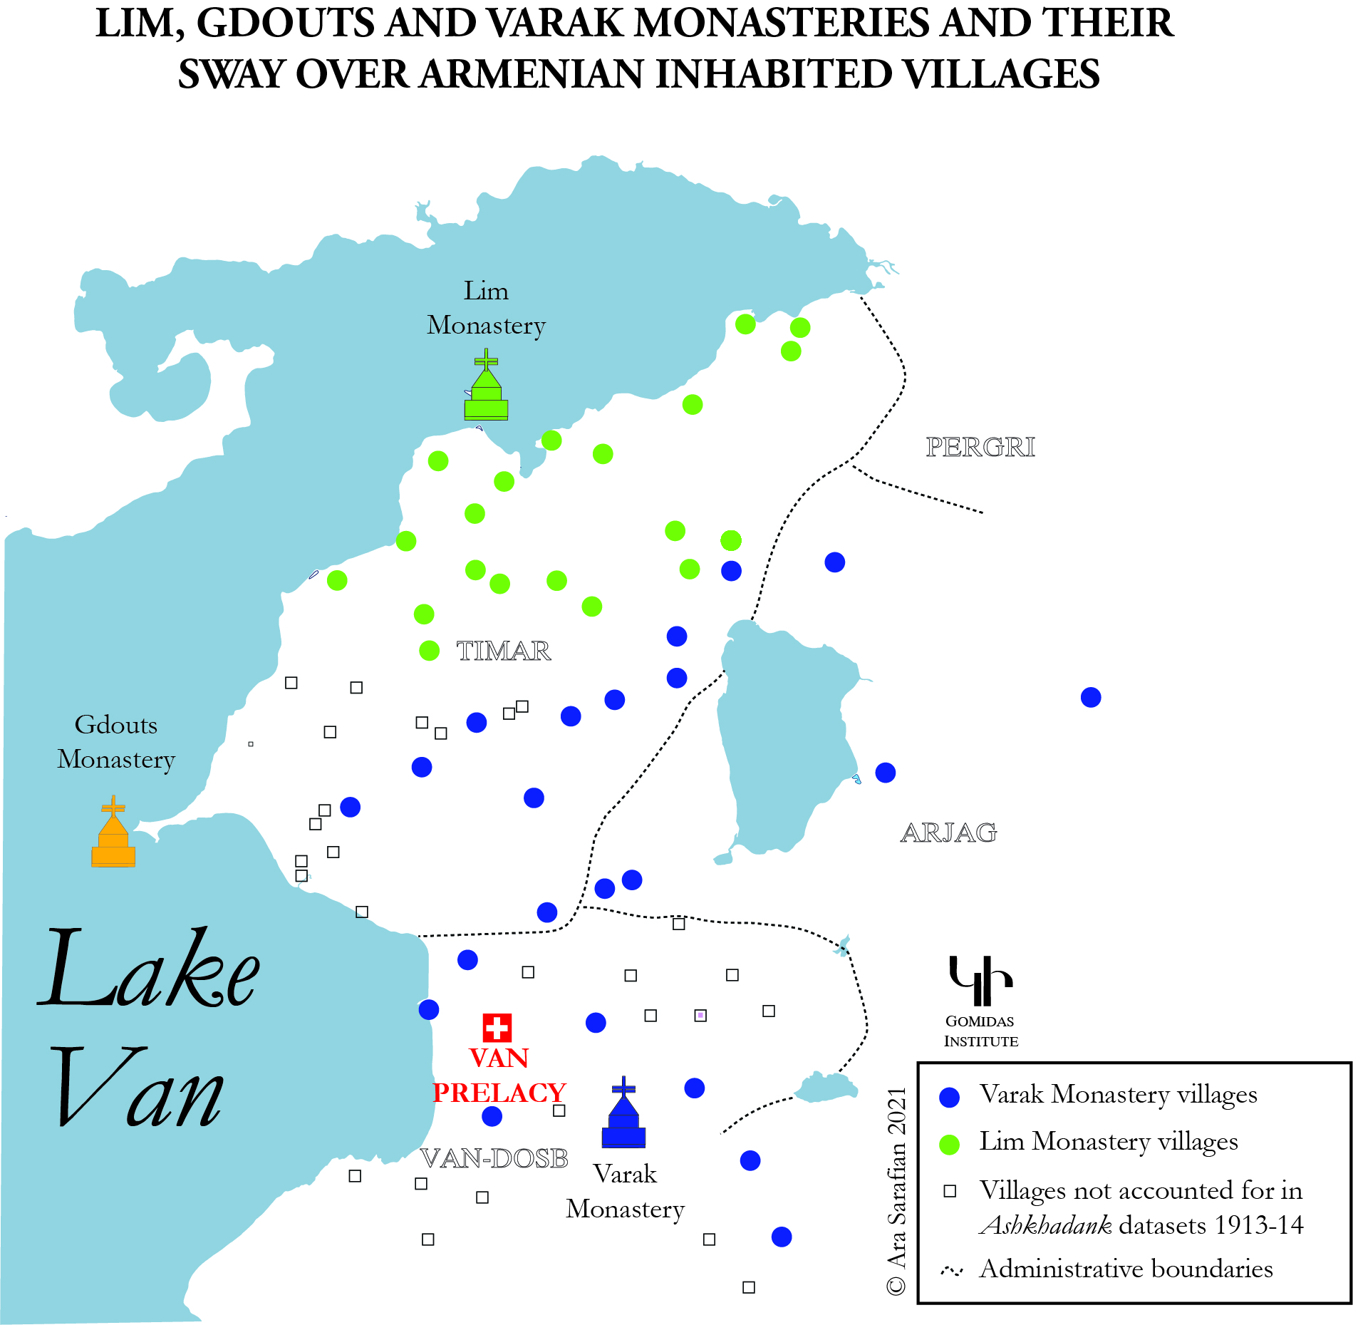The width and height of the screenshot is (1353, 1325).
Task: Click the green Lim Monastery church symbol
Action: (486, 388)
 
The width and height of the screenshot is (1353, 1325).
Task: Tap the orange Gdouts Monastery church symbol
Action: (113, 835)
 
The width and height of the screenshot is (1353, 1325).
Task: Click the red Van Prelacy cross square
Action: (497, 1027)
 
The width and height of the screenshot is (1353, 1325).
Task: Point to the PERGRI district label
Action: (980, 447)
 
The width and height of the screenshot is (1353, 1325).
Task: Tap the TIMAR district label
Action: (503, 651)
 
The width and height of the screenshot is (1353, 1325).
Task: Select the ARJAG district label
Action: (948, 832)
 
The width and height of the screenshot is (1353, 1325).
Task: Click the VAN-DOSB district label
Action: (494, 1159)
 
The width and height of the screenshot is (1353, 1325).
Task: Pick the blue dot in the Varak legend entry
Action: (949, 1097)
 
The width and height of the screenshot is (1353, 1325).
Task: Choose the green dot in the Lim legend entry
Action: (949, 1144)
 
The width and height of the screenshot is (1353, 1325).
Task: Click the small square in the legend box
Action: (950, 1191)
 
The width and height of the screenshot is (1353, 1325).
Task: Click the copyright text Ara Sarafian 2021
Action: (896, 1190)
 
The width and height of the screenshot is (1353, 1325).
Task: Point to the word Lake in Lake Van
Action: (148, 969)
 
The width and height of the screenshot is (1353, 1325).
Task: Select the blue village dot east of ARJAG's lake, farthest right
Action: (1090, 697)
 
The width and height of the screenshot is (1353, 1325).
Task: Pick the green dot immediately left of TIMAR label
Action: (429, 651)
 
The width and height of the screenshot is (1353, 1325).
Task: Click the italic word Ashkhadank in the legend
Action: (1045, 1225)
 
